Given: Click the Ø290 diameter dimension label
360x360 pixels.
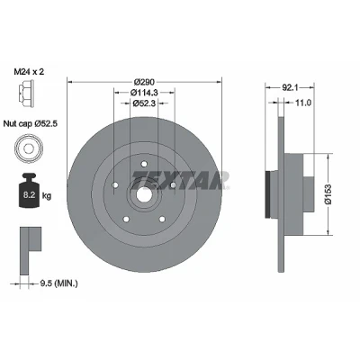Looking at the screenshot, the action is (x=144, y=82).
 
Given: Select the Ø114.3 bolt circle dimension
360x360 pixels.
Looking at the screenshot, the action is (x=144, y=93).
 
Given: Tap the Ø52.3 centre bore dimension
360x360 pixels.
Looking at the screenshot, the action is (x=144, y=103).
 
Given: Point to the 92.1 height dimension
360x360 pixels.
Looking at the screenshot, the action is (x=290, y=87).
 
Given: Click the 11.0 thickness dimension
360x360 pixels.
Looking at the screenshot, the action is (x=303, y=103).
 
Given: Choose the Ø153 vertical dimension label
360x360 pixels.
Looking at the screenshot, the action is (x=328, y=194).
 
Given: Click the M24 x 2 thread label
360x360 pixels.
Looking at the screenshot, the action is (x=29, y=72).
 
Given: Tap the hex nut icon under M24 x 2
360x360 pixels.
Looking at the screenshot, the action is (x=25, y=94).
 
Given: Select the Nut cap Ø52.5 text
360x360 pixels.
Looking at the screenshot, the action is (x=31, y=123).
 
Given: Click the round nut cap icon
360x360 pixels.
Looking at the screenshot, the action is (x=28, y=148).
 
